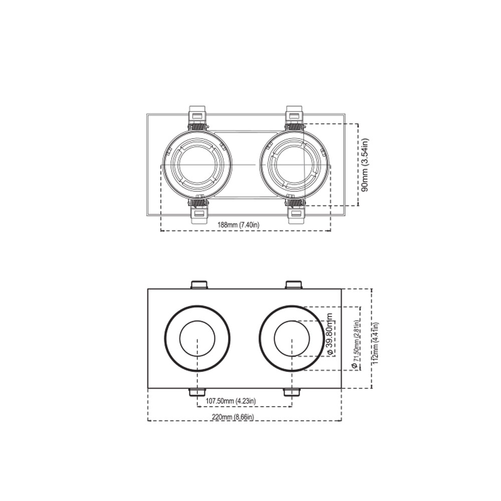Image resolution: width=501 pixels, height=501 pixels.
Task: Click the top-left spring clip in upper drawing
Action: tap(197, 117)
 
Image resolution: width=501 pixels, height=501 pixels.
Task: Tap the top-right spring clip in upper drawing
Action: tap(294, 117)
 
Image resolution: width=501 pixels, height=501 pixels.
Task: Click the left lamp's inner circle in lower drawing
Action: tap(197, 339)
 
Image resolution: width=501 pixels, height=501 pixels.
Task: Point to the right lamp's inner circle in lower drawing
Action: tap(292, 339)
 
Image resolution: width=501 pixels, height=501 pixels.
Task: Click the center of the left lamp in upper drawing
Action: tap(197, 164)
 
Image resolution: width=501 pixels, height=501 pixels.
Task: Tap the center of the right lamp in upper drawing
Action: tap(294, 164)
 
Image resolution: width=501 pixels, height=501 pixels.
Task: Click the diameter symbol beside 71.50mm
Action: tap(355, 366)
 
